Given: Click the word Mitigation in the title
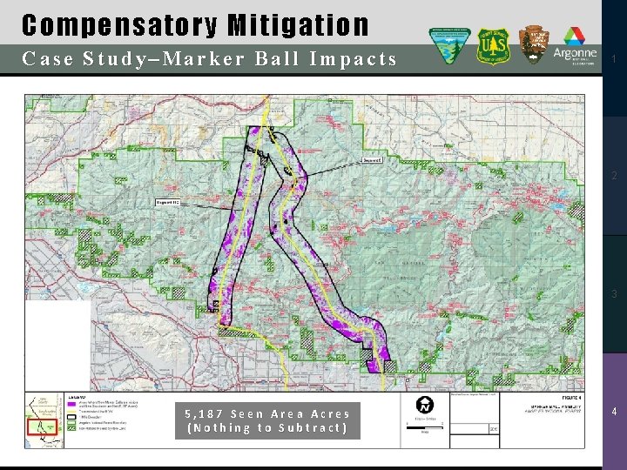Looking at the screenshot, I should pos(298,25).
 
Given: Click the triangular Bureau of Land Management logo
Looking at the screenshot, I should pos(450,46).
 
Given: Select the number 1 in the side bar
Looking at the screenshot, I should pos(614,59).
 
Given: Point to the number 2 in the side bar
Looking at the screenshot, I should pos(614,177).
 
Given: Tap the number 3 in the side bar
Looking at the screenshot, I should pos(614,294).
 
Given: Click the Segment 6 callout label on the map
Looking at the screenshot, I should pos(372,160).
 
